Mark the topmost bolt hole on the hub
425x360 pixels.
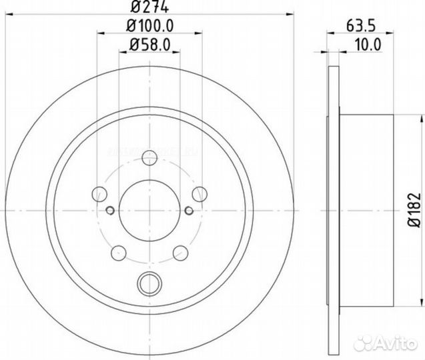[x=150, y=157]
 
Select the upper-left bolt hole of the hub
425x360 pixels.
[x=100, y=194]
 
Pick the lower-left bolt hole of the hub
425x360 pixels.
[x=119, y=253]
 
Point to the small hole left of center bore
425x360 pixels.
[x=110, y=211]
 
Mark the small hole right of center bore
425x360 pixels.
[x=189, y=211]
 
